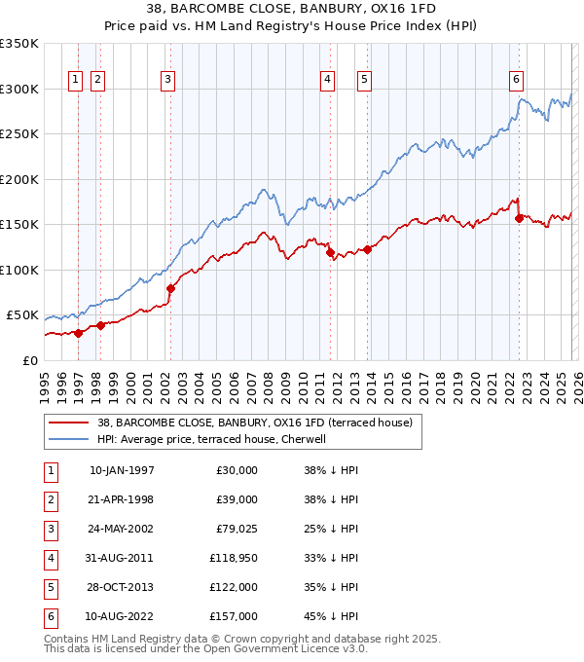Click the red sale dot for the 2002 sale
pyautogui.click(x=170, y=288)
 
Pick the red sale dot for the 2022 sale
pyautogui.click(x=519, y=218)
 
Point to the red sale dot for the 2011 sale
pyautogui.click(x=330, y=252)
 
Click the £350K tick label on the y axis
pyautogui.click(x=19, y=44)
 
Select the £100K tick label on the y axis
pyautogui.click(x=19, y=270)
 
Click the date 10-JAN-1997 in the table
pyautogui.click(x=122, y=470)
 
